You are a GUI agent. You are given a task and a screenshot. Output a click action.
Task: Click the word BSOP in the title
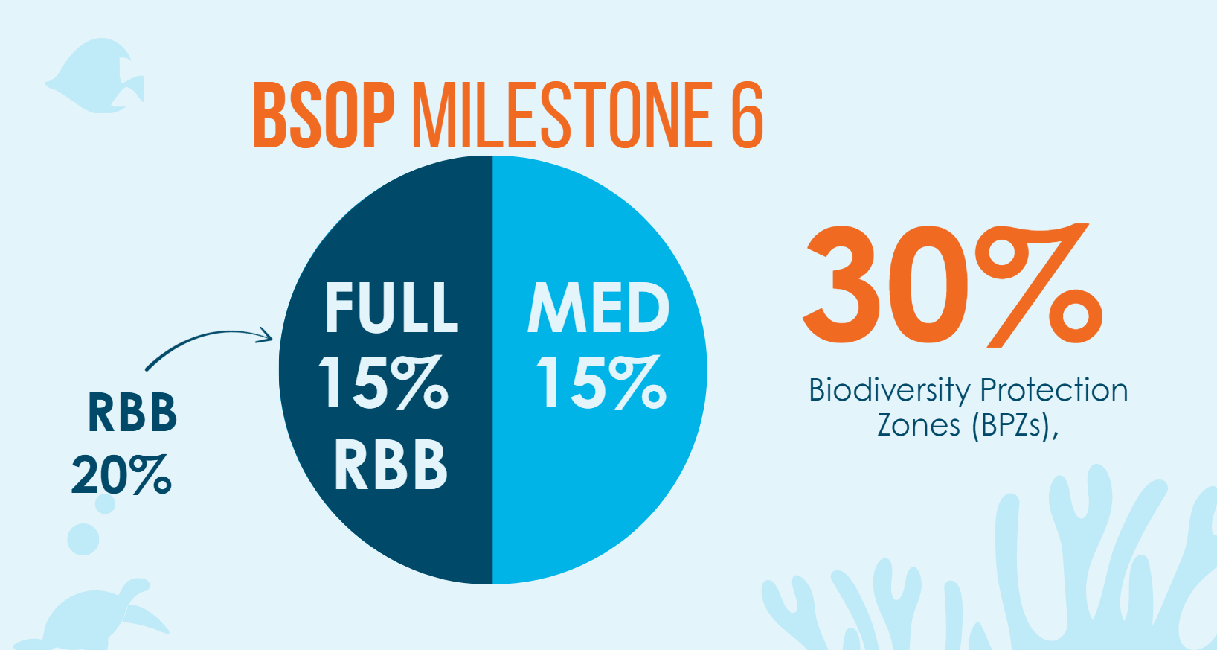click(324, 115)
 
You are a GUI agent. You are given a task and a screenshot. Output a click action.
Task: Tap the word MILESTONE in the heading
click(562, 115)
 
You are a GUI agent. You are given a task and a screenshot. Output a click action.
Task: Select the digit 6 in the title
click(747, 115)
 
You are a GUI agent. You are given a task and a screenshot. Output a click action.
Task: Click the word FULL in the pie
click(391, 307)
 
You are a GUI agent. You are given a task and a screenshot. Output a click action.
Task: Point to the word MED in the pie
click(599, 307)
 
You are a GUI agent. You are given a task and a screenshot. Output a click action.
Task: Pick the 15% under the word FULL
click(384, 383)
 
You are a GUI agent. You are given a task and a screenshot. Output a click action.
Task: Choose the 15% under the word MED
click(601, 383)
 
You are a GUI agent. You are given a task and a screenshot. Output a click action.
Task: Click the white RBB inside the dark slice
click(391, 465)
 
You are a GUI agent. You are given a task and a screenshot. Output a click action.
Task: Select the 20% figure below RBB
click(122, 474)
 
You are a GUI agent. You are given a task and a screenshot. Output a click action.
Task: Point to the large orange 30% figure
click(952, 287)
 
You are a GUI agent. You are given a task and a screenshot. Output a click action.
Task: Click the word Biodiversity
click(890, 390)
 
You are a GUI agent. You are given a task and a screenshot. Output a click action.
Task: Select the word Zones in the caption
click(919, 425)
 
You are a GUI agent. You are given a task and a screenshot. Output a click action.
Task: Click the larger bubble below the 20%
click(83, 539)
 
